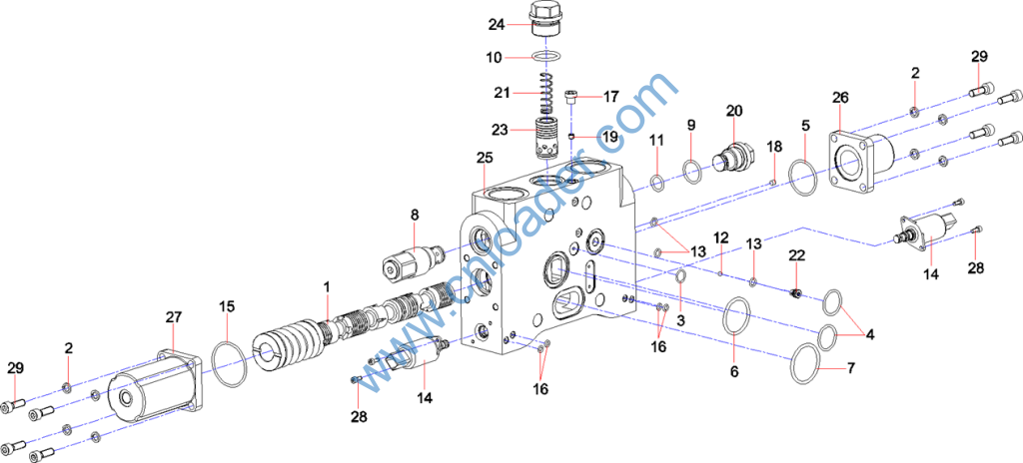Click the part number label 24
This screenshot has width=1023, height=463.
click(x=496, y=24)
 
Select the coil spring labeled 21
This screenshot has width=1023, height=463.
click(x=545, y=94)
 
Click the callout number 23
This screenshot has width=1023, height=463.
click(x=500, y=129)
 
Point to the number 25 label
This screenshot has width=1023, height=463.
click(x=486, y=158)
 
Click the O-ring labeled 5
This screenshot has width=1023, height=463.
click(x=805, y=174)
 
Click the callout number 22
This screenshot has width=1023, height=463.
click(x=796, y=255)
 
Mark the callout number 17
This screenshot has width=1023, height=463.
click(x=610, y=96)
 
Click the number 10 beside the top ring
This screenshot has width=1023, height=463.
click(x=495, y=58)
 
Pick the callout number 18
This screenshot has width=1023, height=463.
click(x=774, y=147)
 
